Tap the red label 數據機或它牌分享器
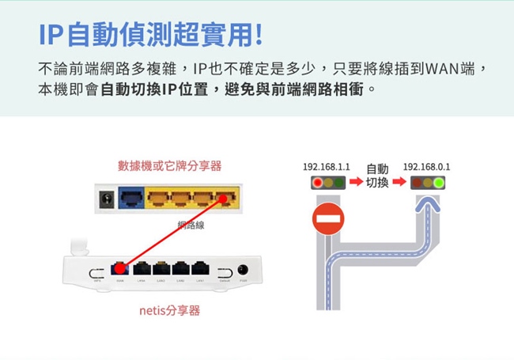coord(169,165)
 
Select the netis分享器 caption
coord(169,310)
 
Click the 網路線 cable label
coord(191,227)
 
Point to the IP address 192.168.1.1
coord(326,168)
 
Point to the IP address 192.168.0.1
coord(426,168)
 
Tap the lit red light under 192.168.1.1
coord(318,184)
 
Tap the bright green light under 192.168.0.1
coord(438,184)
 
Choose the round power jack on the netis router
coord(243,269)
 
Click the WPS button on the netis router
coord(96,270)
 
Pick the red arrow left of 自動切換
coord(356,183)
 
